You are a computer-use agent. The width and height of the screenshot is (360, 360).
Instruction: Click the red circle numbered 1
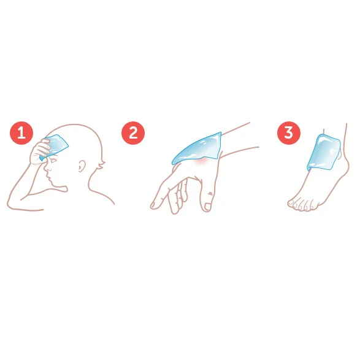click(x=21, y=133)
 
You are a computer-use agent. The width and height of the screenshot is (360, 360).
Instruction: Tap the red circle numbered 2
click(x=133, y=133)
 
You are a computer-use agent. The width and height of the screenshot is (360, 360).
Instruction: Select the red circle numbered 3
click(x=289, y=133)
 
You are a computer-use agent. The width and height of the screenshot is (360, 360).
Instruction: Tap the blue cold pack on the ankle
click(x=324, y=152)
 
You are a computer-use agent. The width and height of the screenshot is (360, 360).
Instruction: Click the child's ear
click(x=81, y=166)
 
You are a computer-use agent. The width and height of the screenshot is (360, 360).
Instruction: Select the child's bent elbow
click(x=10, y=204)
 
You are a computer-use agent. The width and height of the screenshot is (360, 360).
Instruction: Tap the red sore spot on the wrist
click(x=201, y=162)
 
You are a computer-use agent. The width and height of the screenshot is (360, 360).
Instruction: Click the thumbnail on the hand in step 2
click(x=207, y=207)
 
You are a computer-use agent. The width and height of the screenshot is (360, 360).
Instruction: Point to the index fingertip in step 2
click(x=153, y=205)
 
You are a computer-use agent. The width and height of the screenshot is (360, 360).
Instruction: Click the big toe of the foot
click(x=291, y=203)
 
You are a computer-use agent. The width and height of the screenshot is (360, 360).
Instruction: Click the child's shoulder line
click(x=102, y=195)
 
